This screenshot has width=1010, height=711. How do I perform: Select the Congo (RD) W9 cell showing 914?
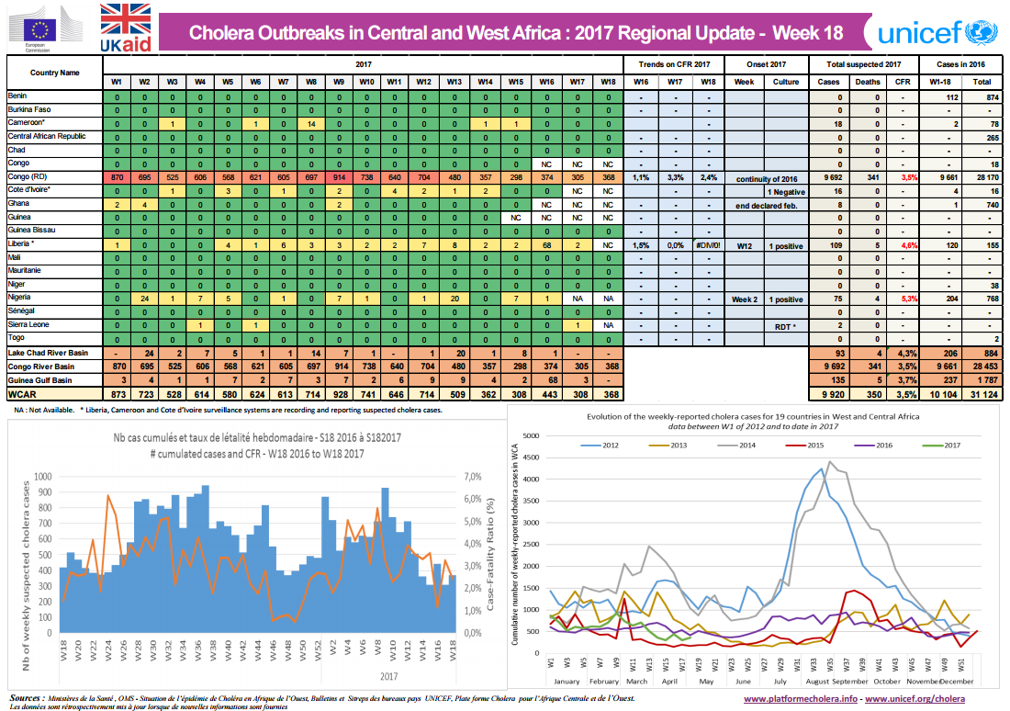(x=339, y=175)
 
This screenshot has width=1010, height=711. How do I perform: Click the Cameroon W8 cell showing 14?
(x=311, y=123)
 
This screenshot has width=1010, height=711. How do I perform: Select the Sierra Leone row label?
(x=29, y=324)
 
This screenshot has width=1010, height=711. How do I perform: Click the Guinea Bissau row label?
(x=33, y=230)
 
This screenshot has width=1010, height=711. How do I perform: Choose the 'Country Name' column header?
(x=54, y=72)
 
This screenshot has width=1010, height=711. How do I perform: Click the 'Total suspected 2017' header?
(x=864, y=64)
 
